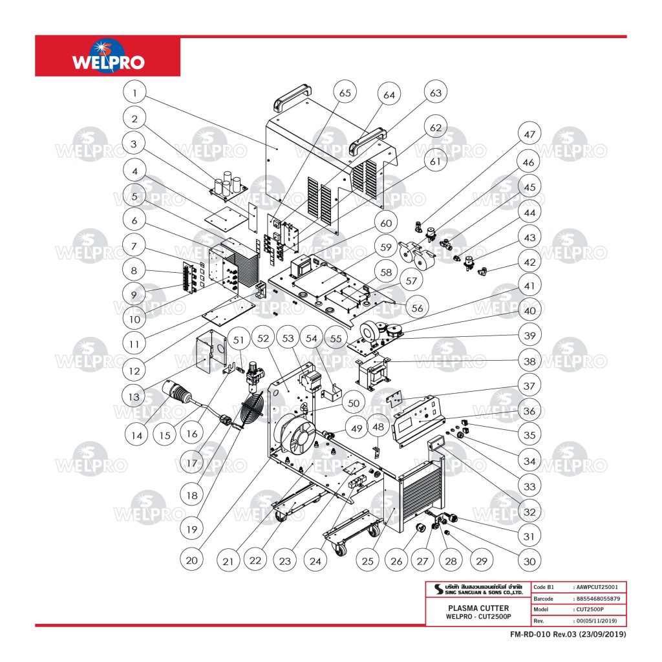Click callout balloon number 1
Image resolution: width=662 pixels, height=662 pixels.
point(134,93)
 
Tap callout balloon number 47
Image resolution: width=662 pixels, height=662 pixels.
point(529,135)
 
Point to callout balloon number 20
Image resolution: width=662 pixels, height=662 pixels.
point(191,560)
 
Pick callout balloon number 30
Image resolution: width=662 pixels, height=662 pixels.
point(529,560)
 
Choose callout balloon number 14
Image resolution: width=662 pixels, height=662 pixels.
point(136,435)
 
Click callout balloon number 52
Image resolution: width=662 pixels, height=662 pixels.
point(264,338)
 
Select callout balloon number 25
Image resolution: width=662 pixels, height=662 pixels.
point(367,560)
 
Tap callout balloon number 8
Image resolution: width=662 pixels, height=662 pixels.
point(134,272)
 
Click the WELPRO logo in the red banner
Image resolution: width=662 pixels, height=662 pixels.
point(108,58)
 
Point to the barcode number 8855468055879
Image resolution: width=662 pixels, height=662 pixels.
point(597,599)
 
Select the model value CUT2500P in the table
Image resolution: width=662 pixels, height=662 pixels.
point(589,610)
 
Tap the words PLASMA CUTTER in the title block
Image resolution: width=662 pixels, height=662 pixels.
point(478,608)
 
